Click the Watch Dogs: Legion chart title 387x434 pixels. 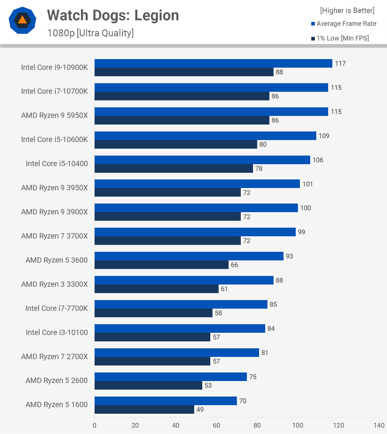[113, 15]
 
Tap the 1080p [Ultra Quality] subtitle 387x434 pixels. [90, 33]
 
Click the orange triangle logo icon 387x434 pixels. [22, 20]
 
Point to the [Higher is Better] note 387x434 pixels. [347, 11]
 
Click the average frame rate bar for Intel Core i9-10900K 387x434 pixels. [213, 64]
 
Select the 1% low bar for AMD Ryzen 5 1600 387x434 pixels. [144, 410]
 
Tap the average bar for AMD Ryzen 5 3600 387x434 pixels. [189, 256]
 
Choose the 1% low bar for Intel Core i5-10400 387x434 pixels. [174, 169]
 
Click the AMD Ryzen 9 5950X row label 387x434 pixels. [55, 115]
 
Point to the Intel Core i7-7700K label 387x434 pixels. [57, 308]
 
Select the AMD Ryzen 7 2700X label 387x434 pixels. [55, 357]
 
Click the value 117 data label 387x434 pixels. [340, 64]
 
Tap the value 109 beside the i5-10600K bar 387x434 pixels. [324, 136]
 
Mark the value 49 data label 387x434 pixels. [200, 410]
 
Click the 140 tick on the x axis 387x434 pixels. [379, 425]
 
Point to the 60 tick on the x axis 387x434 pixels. [216, 425]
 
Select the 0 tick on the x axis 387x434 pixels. [95, 425]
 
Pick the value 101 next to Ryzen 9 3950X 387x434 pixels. [307, 184]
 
